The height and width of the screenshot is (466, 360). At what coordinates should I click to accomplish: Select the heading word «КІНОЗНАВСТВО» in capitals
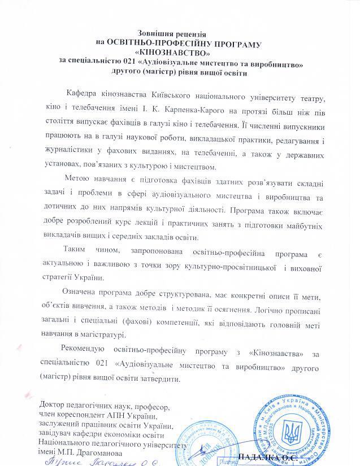[180, 53]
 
